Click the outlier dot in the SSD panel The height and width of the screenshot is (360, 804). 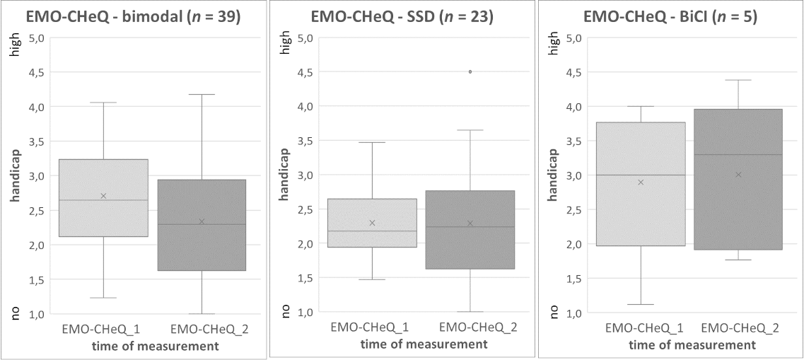(x=470, y=72)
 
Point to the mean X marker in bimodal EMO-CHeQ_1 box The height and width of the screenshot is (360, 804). (x=103, y=196)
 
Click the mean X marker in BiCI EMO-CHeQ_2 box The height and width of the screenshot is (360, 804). (x=738, y=175)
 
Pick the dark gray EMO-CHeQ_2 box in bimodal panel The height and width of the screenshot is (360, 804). (x=202, y=225)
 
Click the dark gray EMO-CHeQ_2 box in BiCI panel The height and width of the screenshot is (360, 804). (x=738, y=180)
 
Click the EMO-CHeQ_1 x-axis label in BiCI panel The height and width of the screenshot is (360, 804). (x=641, y=329)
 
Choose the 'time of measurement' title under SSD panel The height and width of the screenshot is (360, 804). (x=424, y=344)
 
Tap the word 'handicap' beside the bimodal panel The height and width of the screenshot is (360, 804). (x=16, y=176)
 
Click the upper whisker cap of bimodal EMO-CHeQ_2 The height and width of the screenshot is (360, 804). (x=202, y=94)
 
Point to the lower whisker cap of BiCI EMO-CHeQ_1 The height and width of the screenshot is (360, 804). (x=641, y=305)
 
